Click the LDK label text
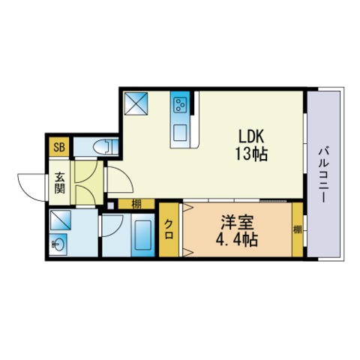[251, 136]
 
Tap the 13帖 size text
[251, 154]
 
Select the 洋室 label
[237, 223]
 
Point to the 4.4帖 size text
[236, 240]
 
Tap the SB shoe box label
[59, 147]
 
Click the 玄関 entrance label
[60, 183]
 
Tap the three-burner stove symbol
[180, 104]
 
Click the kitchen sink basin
[180, 133]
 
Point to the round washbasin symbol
[58, 244]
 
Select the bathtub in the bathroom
[143, 235]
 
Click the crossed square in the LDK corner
[136, 103]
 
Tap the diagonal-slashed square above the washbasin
[61, 220]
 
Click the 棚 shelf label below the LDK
[136, 205]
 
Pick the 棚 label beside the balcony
[298, 229]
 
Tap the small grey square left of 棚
[110, 205]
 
